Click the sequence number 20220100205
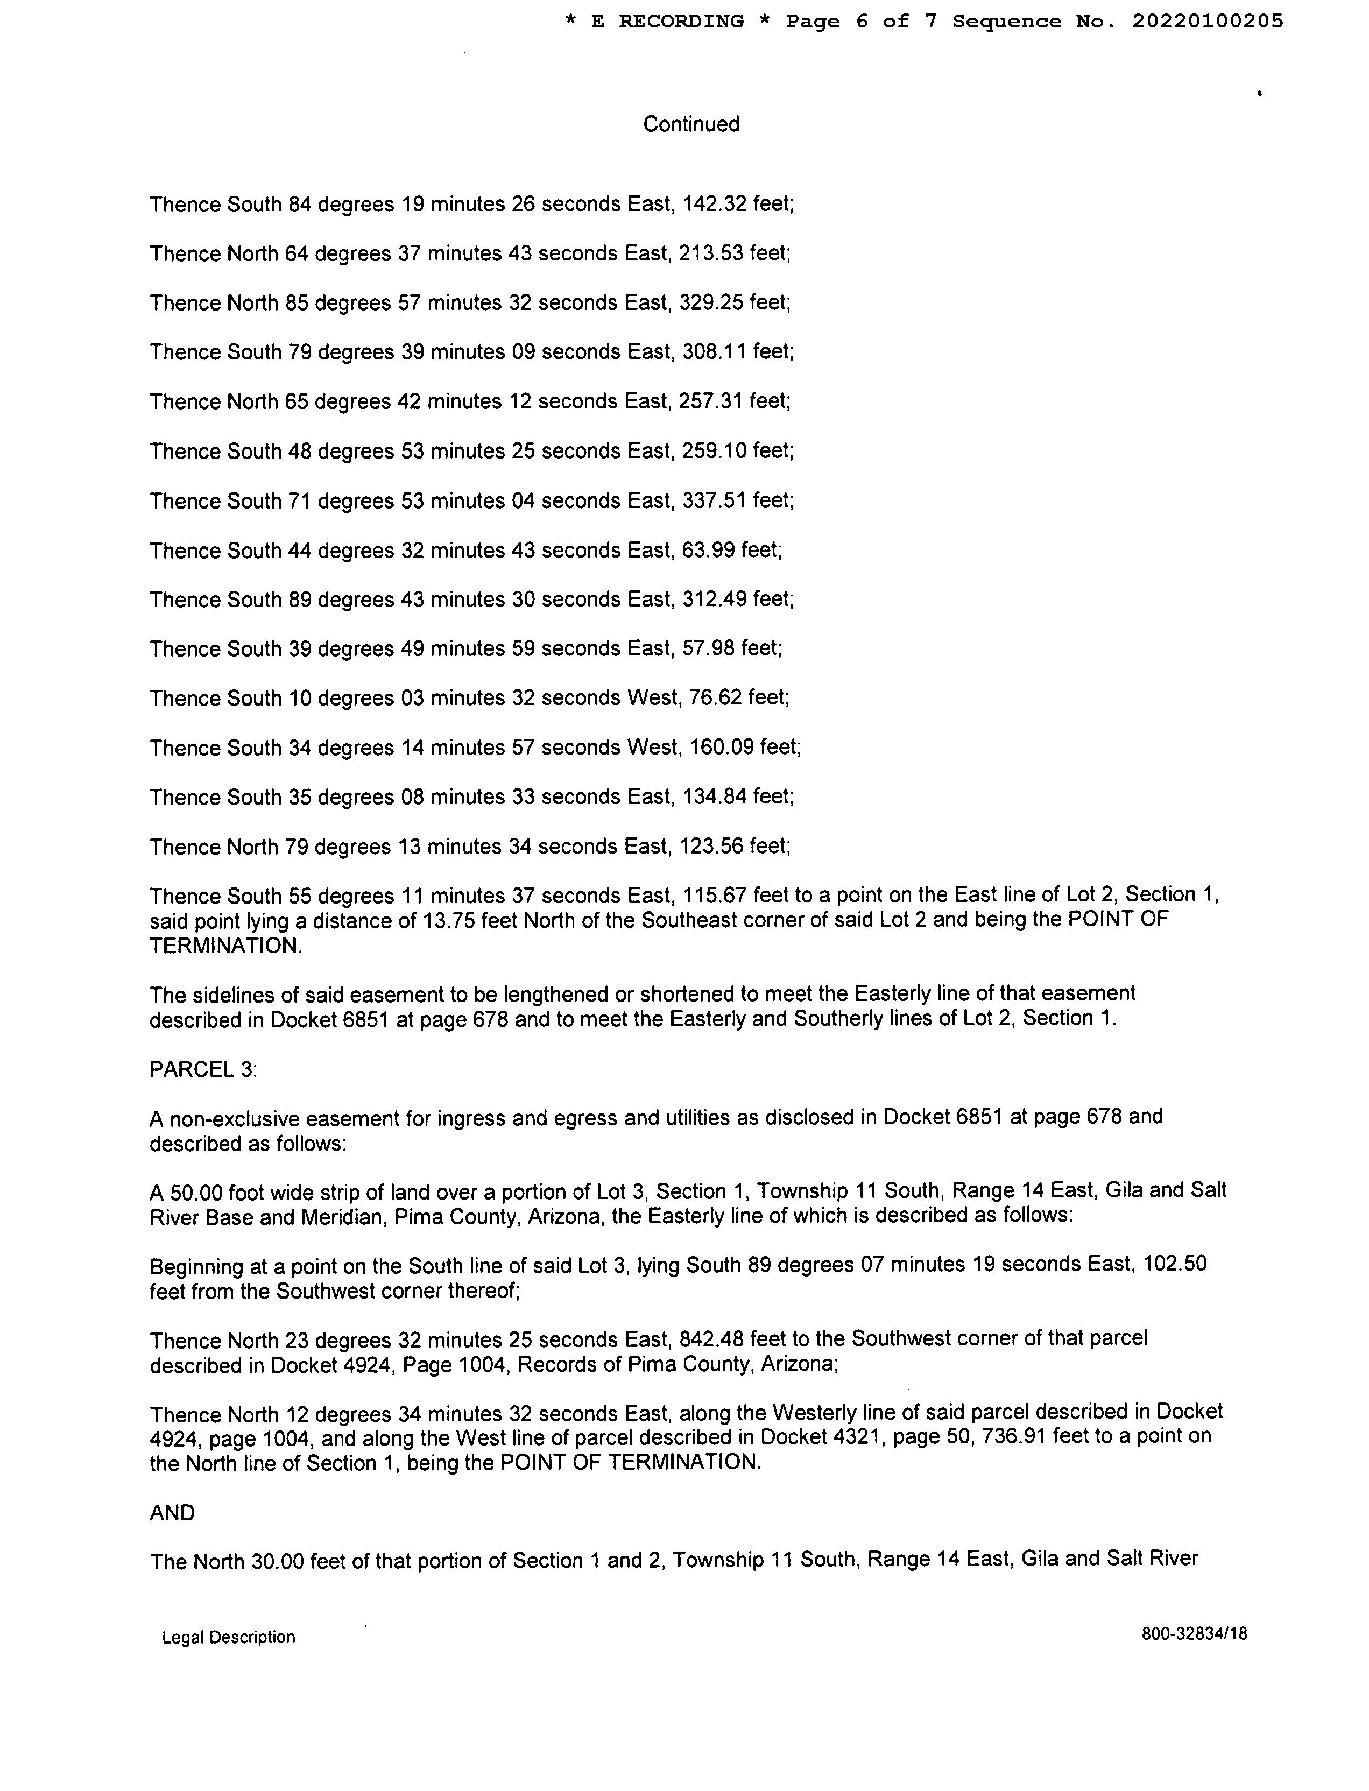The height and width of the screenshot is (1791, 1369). [1207, 21]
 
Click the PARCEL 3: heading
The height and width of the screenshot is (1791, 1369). [203, 1069]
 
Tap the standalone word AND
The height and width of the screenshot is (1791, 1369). [172, 1513]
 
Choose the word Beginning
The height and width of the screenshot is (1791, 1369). [196, 1266]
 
